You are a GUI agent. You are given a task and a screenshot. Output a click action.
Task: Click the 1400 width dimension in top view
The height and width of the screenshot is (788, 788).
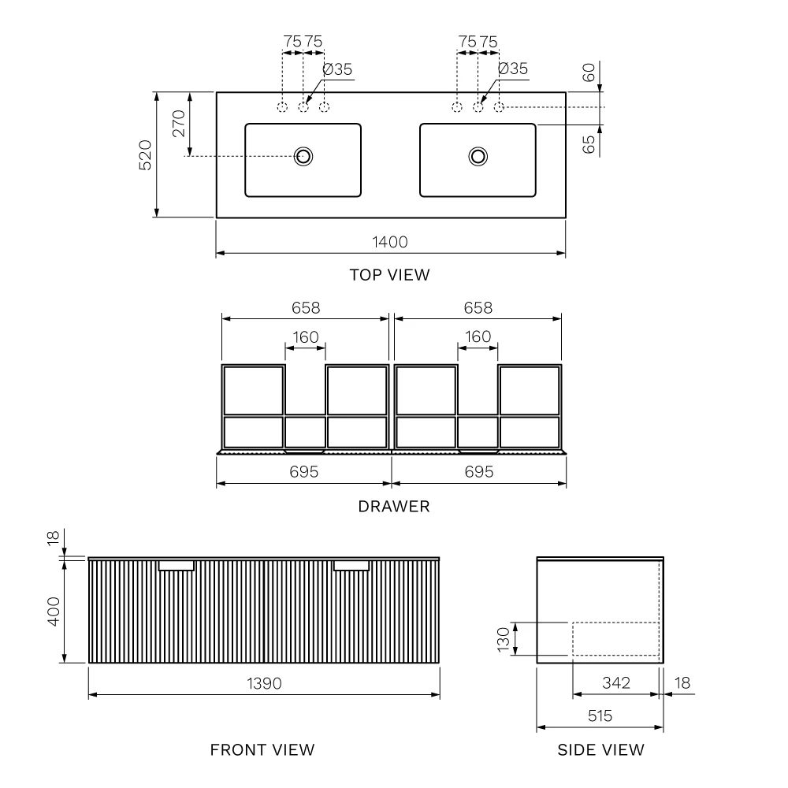pos(390,242)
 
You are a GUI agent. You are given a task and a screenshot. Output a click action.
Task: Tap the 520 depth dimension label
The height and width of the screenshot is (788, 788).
pos(145,155)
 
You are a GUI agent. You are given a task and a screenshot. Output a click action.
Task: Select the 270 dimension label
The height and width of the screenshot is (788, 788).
pos(179,124)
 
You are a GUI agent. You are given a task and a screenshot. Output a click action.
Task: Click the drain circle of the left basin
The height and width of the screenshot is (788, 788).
pos(303,156)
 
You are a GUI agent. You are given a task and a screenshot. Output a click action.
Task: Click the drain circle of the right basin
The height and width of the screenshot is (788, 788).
pos(478,156)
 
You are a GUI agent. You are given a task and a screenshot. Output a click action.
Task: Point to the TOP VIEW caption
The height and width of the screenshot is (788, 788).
pos(390,275)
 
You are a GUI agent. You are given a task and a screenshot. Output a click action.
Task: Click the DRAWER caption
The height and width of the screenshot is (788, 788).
pos(394,506)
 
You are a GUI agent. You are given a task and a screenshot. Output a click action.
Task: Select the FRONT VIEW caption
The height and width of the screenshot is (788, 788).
pos(262,750)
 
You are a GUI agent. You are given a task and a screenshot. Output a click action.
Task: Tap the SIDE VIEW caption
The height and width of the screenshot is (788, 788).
pos(601,750)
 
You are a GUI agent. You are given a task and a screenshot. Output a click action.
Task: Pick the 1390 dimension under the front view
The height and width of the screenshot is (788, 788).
pos(264,683)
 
